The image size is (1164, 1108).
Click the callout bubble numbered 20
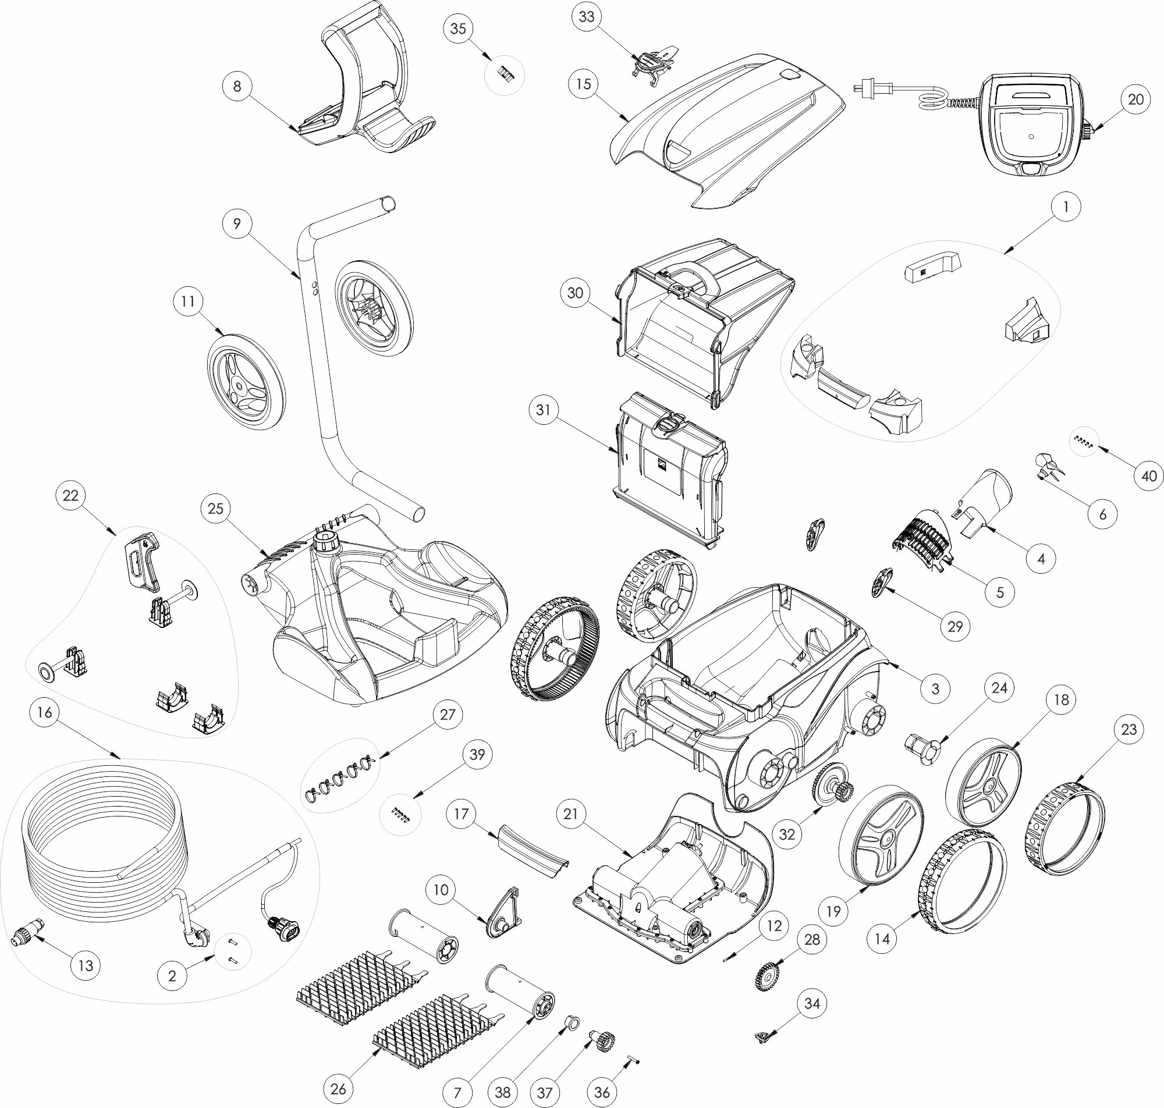(1135, 100)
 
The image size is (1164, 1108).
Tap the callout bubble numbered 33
(587, 17)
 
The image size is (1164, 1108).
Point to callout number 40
(1149, 475)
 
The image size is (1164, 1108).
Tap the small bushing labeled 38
(572, 1022)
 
